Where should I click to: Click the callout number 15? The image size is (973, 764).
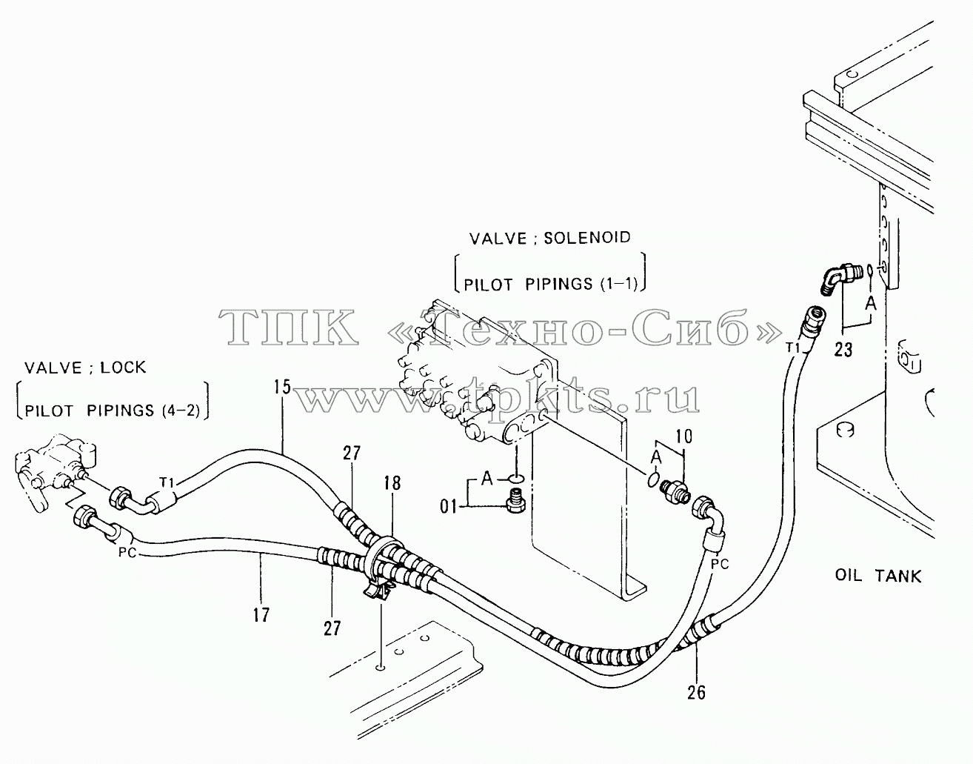pos(283,387)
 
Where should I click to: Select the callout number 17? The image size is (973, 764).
pos(261,614)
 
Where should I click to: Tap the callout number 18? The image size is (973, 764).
pos(392,483)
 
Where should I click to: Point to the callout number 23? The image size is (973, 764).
pos(843,349)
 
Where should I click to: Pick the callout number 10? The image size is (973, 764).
pos(683,436)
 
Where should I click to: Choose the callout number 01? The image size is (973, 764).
pos(448,507)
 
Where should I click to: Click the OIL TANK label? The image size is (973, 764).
pos(878,575)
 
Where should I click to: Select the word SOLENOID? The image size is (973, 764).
pos(587,237)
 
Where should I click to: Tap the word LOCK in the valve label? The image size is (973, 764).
pos(123,368)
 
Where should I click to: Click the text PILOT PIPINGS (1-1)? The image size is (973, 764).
pos(550,284)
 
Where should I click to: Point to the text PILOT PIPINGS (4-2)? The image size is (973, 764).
pos(112,411)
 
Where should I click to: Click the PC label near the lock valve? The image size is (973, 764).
pos(127,553)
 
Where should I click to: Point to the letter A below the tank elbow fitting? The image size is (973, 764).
pos(871,305)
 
